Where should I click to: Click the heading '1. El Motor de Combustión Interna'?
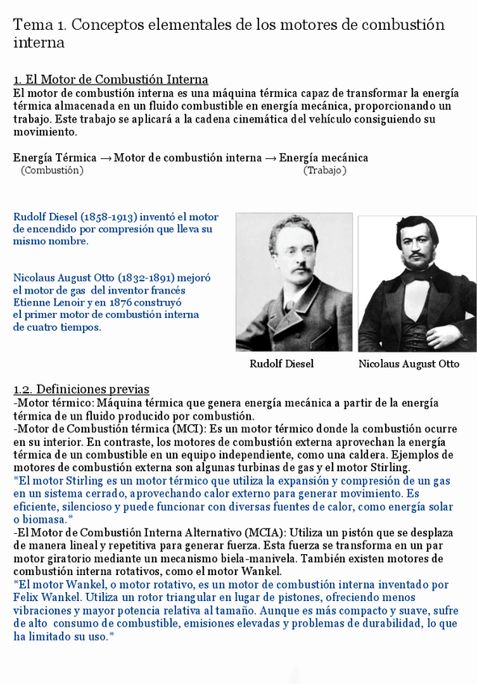pyautogui.click(x=111, y=79)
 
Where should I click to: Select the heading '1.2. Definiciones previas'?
pyautogui.click(x=82, y=390)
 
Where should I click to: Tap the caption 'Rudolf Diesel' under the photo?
pyautogui.click(x=282, y=364)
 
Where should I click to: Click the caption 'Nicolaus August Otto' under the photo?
pyautogui.click(x=409, y=364)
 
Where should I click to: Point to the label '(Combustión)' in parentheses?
pyautogui.click(x=52, y=170)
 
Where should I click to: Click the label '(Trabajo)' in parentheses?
pyautogui.click(x=325, y=170)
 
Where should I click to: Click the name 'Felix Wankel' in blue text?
pyautogui.click(x=47, y=598)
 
